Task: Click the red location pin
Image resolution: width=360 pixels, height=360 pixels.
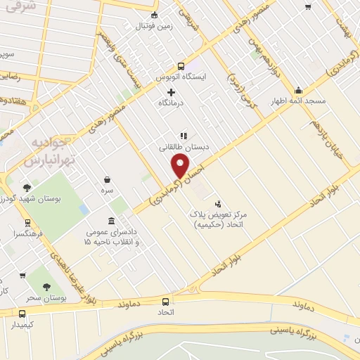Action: [x=181, y=165]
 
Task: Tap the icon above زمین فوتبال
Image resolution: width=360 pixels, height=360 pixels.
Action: [x=155, y=16]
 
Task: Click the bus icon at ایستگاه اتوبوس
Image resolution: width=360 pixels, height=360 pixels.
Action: [x=181, y=66]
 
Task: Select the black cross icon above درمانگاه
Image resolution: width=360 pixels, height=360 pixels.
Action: [x=171, y=92]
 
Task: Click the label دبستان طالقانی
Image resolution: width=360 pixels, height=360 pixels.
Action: [x=183, y=148]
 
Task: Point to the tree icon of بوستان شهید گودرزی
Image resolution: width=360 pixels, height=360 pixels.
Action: [x=27, y=188]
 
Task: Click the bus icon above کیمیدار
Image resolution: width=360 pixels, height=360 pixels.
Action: [x=22, y=314]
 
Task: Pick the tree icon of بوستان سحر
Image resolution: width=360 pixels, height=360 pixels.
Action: [x=46, y=287]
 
